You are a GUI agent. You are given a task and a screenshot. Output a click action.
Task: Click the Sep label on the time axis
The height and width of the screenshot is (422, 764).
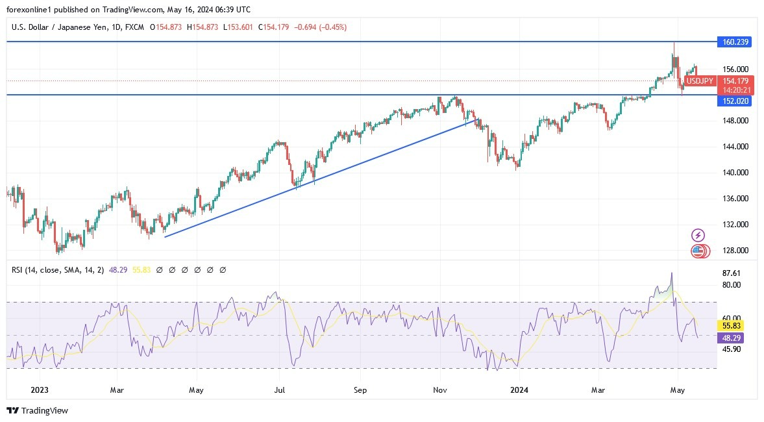pyautogui.click(x=360, y=390)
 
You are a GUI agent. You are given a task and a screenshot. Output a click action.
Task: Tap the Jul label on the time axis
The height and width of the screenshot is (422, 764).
pyautogui.click(x=279, y=390)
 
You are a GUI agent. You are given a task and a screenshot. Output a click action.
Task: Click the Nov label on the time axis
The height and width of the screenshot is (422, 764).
pyautogui.click(x=440, y=390)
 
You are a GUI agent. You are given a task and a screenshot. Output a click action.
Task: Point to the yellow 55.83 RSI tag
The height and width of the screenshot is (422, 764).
pyautogui.click(x=732, y=325)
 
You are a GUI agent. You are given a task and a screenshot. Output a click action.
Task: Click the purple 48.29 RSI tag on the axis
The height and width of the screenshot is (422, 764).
pyautogui.click(x=732, y=338)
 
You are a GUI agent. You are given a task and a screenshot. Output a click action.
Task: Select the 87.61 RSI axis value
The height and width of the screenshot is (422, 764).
pyautogui.click(x=731, y=273)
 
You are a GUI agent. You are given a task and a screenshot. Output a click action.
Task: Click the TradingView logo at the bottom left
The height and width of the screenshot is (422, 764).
pyautogui.click(x=37, y=410)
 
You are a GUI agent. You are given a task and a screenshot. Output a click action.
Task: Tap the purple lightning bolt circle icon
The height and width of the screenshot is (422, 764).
pyautogui.click(x=698, y=235)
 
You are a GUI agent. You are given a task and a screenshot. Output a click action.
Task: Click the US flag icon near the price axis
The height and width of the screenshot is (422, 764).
pyautogui.click(x=698, y=251)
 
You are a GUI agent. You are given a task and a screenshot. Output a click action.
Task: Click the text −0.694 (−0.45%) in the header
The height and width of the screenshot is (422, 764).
pyautogui.click(x=321, y=27)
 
